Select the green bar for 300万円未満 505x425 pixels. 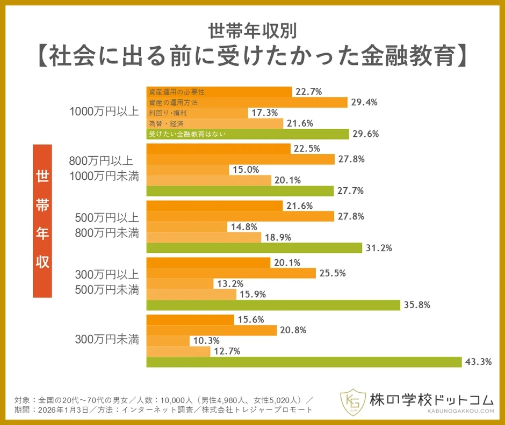pyautogui.click(x=304, y=362)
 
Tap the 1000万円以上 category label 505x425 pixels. pyautogui.click(x=104, y=112)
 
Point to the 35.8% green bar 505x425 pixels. pyautogui.click(x=273, y=305)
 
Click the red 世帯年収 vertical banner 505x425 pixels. pyautogui.click(x=42, y=221)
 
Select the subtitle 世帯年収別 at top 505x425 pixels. pyautogui.click(x=252, y=28)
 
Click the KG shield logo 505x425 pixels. pyautogui.click(x=352, y=401)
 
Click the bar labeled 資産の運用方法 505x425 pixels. pyautogui.click(x=247, y=102)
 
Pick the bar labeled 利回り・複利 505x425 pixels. pyautogui.click(x=197, y=113)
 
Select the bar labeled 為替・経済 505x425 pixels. pyautogui.click(x=214, y=123)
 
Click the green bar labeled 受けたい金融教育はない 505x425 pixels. pyautogui.click(x=247, y=134)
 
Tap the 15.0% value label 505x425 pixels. pyautogui.click(x=246, y=170)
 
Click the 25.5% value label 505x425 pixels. pyautogui.click(x=333, y=273)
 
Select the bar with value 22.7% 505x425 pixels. pyautogui.click(x=219, y=92)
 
